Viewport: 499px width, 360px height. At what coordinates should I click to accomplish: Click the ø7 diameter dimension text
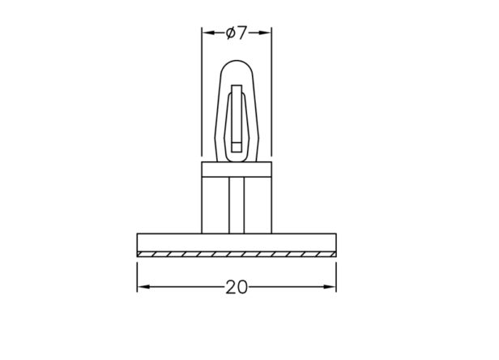point(237,32)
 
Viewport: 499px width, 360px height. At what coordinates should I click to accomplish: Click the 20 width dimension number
point(237,287)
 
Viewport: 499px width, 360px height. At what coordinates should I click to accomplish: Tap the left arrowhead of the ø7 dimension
point(208,32)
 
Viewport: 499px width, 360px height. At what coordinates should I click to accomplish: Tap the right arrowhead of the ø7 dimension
point(265,32)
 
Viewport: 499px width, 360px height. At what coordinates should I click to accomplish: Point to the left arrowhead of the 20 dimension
point(144,287)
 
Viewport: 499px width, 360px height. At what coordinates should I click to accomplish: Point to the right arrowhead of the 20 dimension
point(330,287)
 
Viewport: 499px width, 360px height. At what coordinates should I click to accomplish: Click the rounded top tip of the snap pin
point(237,61)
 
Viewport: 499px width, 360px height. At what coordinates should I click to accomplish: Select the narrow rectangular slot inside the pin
point(237,118)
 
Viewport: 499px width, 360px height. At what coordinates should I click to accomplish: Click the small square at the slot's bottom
point(237,147)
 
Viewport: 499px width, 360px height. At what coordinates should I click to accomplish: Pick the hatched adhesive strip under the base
point(237,255)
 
